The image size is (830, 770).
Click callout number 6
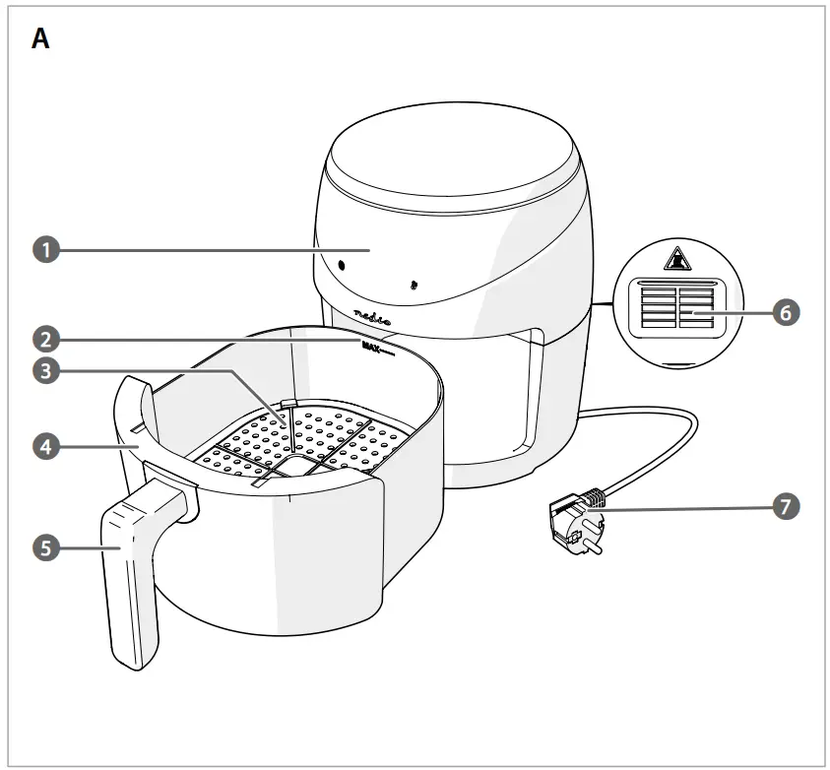coord(785,312)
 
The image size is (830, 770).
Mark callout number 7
coord(785,507)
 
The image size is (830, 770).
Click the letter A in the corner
coord(40,38)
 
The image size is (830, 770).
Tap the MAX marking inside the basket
coord(372,347)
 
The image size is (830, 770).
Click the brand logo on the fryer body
coord(372,316)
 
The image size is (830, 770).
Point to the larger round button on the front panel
coord(341,266)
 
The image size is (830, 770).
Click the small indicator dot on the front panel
coord(414,286)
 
